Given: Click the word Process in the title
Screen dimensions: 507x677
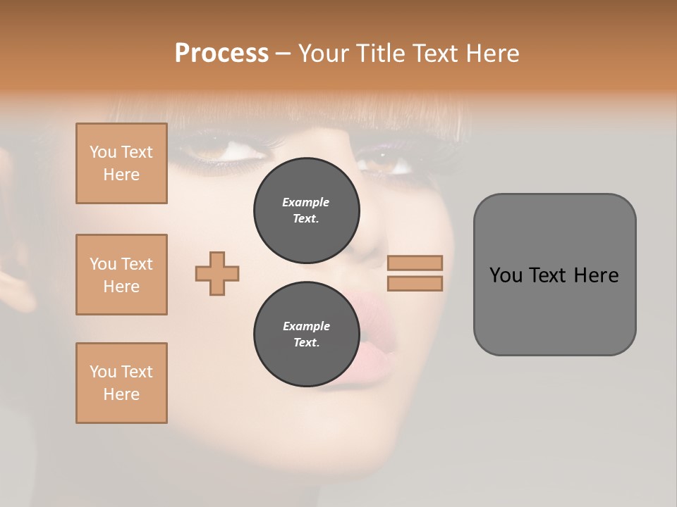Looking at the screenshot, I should pyautogui.click(x=221, y=53).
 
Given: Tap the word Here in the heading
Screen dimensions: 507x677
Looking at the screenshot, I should pyautogui.click(x=491, y=53).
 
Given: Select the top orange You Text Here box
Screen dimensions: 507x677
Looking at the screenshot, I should pyautogui.click(x=121, y=163).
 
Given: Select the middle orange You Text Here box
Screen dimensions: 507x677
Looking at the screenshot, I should pyautogui.click(x=121, y=275).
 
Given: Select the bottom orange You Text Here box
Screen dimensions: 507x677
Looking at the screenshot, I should pyautogui.click(x=121, y=382).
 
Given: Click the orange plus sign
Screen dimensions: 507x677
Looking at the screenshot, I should pyautogui.click(x=217, y=273).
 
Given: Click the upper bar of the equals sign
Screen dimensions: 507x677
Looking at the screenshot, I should pyautogui.click(x=415, y=263).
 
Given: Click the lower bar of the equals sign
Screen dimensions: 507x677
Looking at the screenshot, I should pyautogui.click(x=415, y=283).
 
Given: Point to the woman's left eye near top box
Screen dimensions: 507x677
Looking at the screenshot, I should pyautogui.click(x=215, y=149).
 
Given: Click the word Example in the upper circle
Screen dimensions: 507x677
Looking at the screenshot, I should pyautogui.click(x=306, y=202).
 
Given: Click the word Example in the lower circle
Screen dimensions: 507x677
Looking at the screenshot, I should pyautogui.click(x=306, y=326).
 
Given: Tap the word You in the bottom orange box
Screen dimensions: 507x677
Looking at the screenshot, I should pyautogui.click(x=102, y=372).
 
